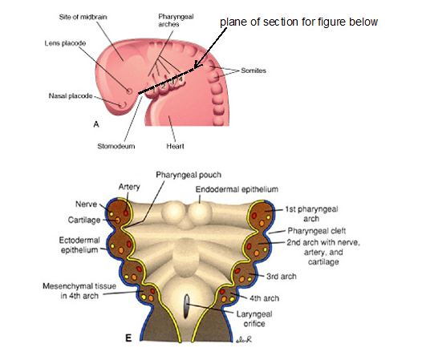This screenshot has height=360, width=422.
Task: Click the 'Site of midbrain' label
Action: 83,17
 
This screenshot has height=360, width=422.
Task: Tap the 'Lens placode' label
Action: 65,43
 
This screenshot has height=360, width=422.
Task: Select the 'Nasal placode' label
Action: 71,95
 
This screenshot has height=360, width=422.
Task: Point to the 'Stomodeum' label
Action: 116,146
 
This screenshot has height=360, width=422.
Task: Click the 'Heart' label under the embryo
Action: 175,146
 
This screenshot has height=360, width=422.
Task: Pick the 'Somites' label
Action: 254,71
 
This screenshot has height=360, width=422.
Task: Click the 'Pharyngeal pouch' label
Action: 189,175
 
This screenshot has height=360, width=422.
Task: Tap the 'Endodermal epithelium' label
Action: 237,189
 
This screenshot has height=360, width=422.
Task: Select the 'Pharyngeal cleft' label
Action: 317,231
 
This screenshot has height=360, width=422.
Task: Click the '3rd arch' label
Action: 282,277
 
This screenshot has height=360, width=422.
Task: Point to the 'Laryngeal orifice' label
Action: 254,318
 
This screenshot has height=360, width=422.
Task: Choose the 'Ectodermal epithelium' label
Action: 79,245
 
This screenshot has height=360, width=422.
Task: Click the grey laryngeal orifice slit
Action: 186,306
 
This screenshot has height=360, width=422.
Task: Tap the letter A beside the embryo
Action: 96,124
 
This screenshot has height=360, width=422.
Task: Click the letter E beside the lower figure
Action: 128,338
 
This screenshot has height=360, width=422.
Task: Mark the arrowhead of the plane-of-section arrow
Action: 197,65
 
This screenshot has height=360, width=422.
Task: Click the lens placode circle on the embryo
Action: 129,91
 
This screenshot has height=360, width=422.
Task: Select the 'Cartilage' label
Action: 84,220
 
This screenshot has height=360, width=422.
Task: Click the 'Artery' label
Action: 129,187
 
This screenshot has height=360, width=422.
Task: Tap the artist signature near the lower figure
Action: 244,339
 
